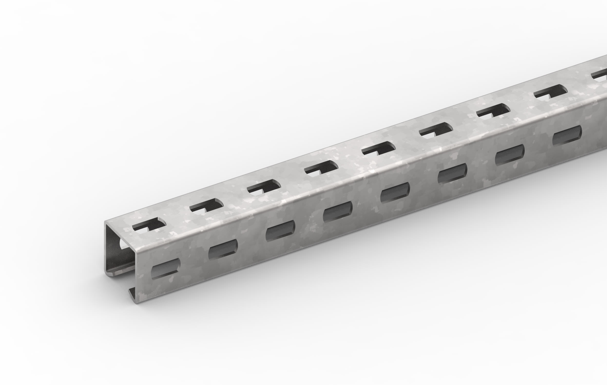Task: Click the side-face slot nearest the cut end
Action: click(166, 269)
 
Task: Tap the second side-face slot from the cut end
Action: click(223, 249)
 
